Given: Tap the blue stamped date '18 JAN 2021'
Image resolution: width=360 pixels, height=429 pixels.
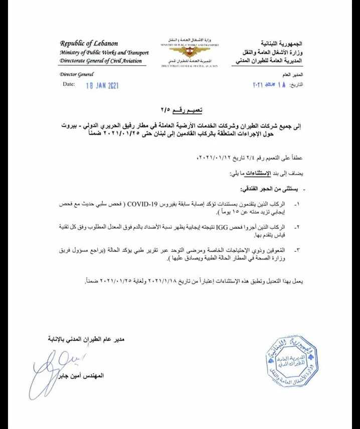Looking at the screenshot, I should point(102,86).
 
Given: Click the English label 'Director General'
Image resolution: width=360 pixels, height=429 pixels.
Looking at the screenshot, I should point(76,74).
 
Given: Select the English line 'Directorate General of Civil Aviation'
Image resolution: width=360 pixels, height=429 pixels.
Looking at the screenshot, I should point(100,61).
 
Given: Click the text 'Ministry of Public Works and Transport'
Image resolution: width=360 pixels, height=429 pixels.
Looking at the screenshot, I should point(104,52).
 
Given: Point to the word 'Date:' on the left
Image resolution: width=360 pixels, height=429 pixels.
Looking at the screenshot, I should point(69,85).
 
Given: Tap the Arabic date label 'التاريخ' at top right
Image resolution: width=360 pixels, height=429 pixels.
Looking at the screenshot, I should point(311,85).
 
